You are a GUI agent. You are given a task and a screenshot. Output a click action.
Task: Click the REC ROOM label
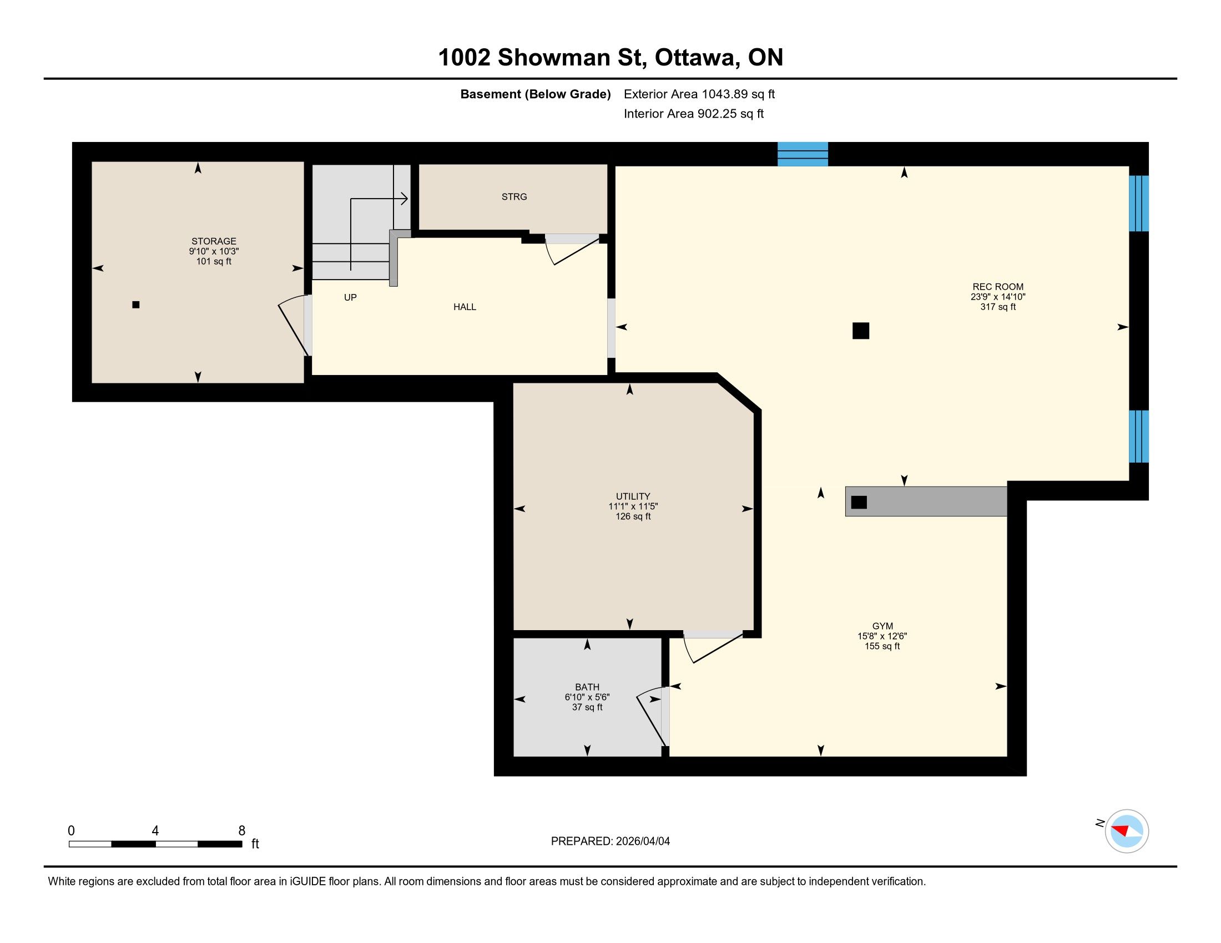pyautogui.click(x=998, y=287)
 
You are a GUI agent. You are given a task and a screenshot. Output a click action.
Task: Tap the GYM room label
pyautogui.click(x=883, y=626)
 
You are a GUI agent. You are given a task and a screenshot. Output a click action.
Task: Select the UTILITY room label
pyautogui.click(x=633, y=496)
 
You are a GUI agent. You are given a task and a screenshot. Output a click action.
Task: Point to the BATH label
pyautogui.click(x=587, y=687)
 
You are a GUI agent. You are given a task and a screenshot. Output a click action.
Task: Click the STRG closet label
pyautogui.click(x=514, y=197)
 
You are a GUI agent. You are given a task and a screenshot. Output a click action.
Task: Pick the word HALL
pyautogui.click(x=465, y=307)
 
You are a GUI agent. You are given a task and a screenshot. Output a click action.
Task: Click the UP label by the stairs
pyautogui.click(x=351, y=297)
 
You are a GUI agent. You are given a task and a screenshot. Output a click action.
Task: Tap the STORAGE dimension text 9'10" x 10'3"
pyautogui.click(x=214, y=251)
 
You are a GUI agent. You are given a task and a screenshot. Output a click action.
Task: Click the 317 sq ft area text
pyautogui.click(x=998, y=307)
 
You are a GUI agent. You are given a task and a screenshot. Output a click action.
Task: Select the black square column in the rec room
pyautogui.click(x=861, y=331)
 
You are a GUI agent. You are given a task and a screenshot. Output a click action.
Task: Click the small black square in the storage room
pyautogui.click(x=136, y=305)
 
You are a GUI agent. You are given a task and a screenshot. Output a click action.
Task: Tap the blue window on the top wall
pyautogui.click(x=803, y=154)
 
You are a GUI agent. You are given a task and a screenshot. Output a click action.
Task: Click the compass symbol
pyautogui.click(x=1127, y=831)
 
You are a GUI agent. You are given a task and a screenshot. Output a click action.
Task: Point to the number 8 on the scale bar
pyautogui.click(x=242, y=831)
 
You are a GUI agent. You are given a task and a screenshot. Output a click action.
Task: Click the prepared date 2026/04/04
pyautogui.click(x=642, y=841)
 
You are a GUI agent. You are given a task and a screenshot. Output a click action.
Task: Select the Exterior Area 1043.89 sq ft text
pyautogui.click(x=699, y=94)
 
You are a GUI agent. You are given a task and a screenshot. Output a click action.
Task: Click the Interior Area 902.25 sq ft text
pyautogui.click(x=694, y=113)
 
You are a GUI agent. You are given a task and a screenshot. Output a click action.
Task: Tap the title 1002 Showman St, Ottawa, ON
pyautogui.click(x=610, y=57)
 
